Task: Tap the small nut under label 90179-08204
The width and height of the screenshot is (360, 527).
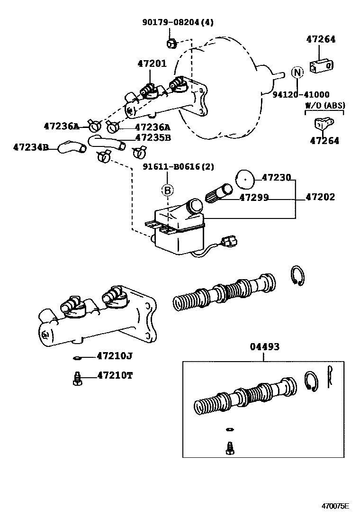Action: pos(171,44)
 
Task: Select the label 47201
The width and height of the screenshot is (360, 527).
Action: pos(152,63)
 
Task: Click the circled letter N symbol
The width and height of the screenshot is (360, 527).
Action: pos(297,73)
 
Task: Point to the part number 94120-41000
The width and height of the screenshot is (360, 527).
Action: pos(301,95)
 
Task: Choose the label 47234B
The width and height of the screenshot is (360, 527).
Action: pos(31,147)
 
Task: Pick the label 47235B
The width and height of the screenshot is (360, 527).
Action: pos(153,138)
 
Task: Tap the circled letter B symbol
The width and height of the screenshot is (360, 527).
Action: pos(167,190)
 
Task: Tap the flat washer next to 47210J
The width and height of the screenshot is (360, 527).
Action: pos(78,356)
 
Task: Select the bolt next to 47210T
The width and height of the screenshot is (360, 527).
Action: pos(78,378)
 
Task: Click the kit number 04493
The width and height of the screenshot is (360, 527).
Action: pos(265,347)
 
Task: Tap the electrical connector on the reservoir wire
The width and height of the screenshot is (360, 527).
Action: pos(230,242)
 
